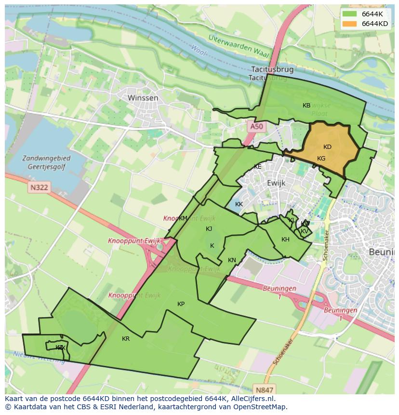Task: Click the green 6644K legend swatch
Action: coord(350,14)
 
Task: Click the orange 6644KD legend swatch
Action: coord(350,23)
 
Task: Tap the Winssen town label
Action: coord(143,98)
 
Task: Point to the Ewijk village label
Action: coord(276,183)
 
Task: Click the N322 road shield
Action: coord(39,187)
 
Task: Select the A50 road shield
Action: coord(257,127)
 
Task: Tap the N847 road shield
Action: coord(265,390)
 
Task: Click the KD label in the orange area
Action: coord(327,147)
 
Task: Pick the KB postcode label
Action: coord(306,106)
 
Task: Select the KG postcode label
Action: coord(321,159)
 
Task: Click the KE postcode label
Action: coord(258,167)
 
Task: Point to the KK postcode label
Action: coord(239,204)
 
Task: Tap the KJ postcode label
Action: coord(209,229)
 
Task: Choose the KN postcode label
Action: coord(232,260)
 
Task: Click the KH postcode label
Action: coord(285,240)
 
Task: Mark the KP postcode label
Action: coord(181,304)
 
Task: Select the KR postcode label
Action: coord(126,339)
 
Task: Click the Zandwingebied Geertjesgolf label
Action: coord(46,162)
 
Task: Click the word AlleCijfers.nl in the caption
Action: coord(252,399)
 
